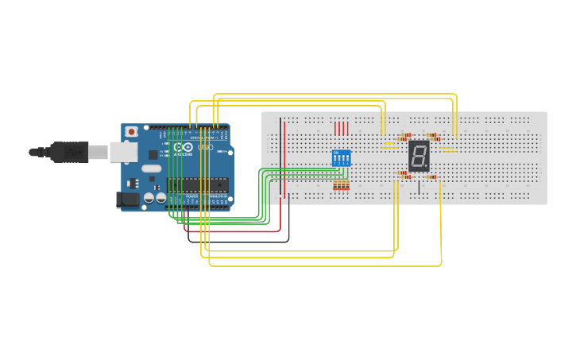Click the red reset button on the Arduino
point(131,131)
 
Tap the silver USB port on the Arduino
point(122,152)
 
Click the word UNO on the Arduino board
point(205,147)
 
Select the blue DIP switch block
point(341,158)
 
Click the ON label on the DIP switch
point(335,152)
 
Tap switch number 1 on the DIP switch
point(335,159)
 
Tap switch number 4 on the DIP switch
point(347,159)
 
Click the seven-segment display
point(419,156)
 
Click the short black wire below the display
point(419,188)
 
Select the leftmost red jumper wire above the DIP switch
point(335,128)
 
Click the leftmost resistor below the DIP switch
point(335,185)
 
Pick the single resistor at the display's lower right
point(432,176)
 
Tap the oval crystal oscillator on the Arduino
point(151,168)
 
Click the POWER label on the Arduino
point(191,195)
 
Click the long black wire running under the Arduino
point(238,241)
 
